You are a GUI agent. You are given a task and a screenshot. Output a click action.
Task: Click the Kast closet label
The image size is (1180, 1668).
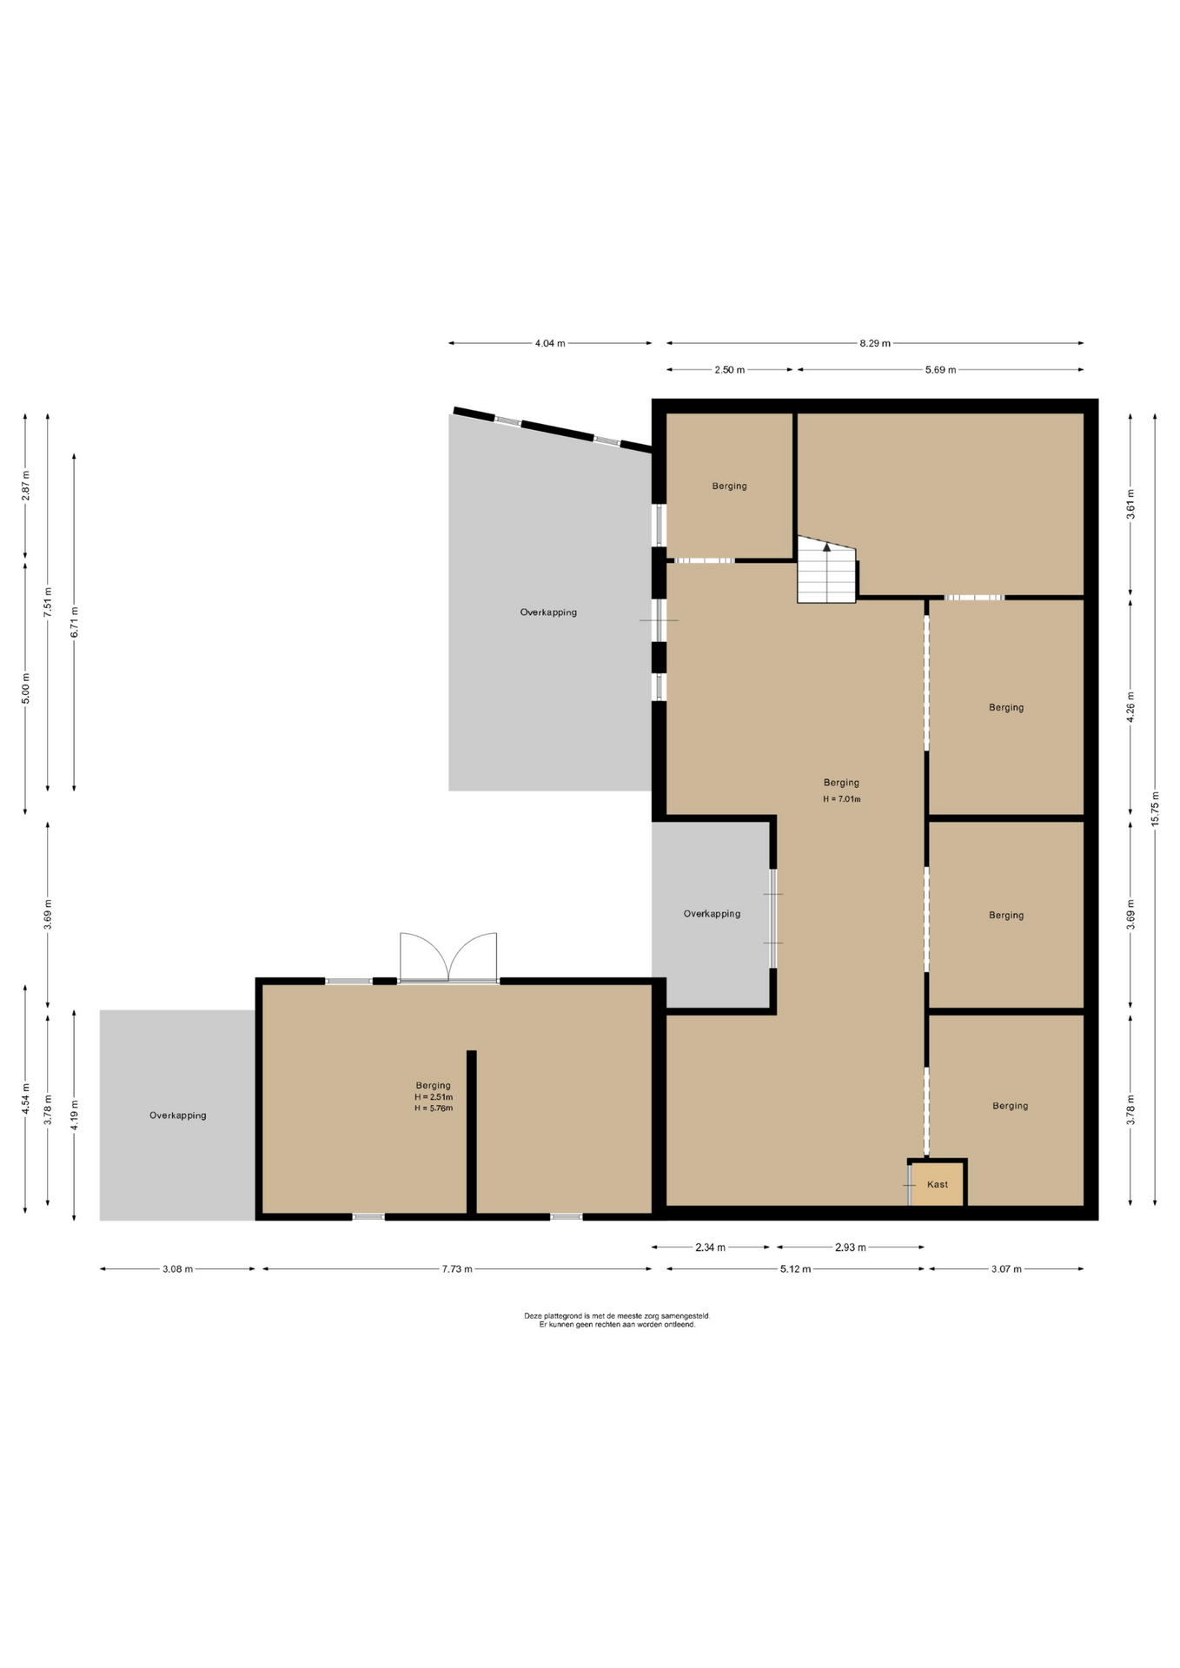937,1184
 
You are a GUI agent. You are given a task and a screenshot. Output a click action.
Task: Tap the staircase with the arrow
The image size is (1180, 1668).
826,570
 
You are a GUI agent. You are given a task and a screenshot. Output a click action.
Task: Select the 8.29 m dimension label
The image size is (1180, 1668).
875,343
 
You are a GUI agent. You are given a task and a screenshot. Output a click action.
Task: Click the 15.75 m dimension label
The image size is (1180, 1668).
1155,809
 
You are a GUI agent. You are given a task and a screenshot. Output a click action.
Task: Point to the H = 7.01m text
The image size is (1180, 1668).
841,799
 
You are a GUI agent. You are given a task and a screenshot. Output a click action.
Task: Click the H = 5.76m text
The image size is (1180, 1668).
433,1108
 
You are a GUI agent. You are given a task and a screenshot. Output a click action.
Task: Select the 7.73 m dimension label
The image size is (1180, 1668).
457,1268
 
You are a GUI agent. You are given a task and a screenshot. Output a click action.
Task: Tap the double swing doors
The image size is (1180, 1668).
448,957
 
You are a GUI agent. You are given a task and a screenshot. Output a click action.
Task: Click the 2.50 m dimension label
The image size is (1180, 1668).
729,370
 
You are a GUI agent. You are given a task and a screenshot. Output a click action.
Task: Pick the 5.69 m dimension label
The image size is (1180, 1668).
940,370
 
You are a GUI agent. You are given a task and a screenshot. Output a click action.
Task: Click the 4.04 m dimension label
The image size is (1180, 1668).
549,343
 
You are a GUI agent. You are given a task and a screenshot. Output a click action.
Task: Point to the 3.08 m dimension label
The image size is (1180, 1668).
177,1268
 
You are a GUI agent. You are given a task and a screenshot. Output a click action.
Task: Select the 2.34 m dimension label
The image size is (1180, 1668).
710,1248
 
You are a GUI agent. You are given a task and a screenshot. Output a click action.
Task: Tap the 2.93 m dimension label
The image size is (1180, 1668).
850,1248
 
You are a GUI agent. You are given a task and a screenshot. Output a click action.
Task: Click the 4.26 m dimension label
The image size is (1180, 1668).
1130,707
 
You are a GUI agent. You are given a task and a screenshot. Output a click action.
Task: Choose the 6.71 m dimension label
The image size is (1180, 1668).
74,622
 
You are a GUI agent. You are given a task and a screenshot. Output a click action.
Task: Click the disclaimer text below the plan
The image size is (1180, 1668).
617,1320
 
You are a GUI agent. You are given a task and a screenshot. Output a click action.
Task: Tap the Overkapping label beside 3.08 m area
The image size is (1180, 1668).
177,1115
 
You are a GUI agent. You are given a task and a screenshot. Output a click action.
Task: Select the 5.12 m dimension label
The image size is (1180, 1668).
795,1268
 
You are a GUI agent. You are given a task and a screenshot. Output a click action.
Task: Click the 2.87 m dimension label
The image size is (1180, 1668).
25,486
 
